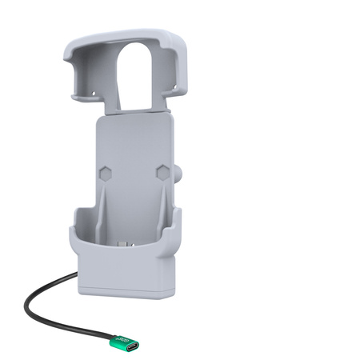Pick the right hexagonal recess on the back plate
coord(162,171)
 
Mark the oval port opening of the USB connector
coord(131,346)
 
